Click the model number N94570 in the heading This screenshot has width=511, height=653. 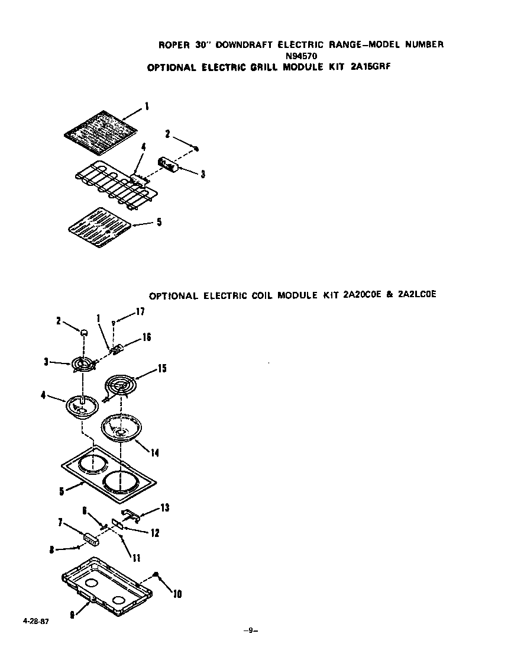(x=301, y=56)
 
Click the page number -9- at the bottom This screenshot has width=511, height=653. (x=251, y=631)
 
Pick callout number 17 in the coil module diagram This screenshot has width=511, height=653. (x=140, y=312)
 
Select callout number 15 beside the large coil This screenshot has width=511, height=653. (x=161, y=369)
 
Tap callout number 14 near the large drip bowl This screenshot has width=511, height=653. (x=154, y=453)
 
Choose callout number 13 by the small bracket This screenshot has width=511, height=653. (x=164, y=507)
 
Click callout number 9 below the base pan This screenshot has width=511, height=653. (x=72, y=615)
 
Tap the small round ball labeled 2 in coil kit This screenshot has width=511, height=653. (x=85, y=332)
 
